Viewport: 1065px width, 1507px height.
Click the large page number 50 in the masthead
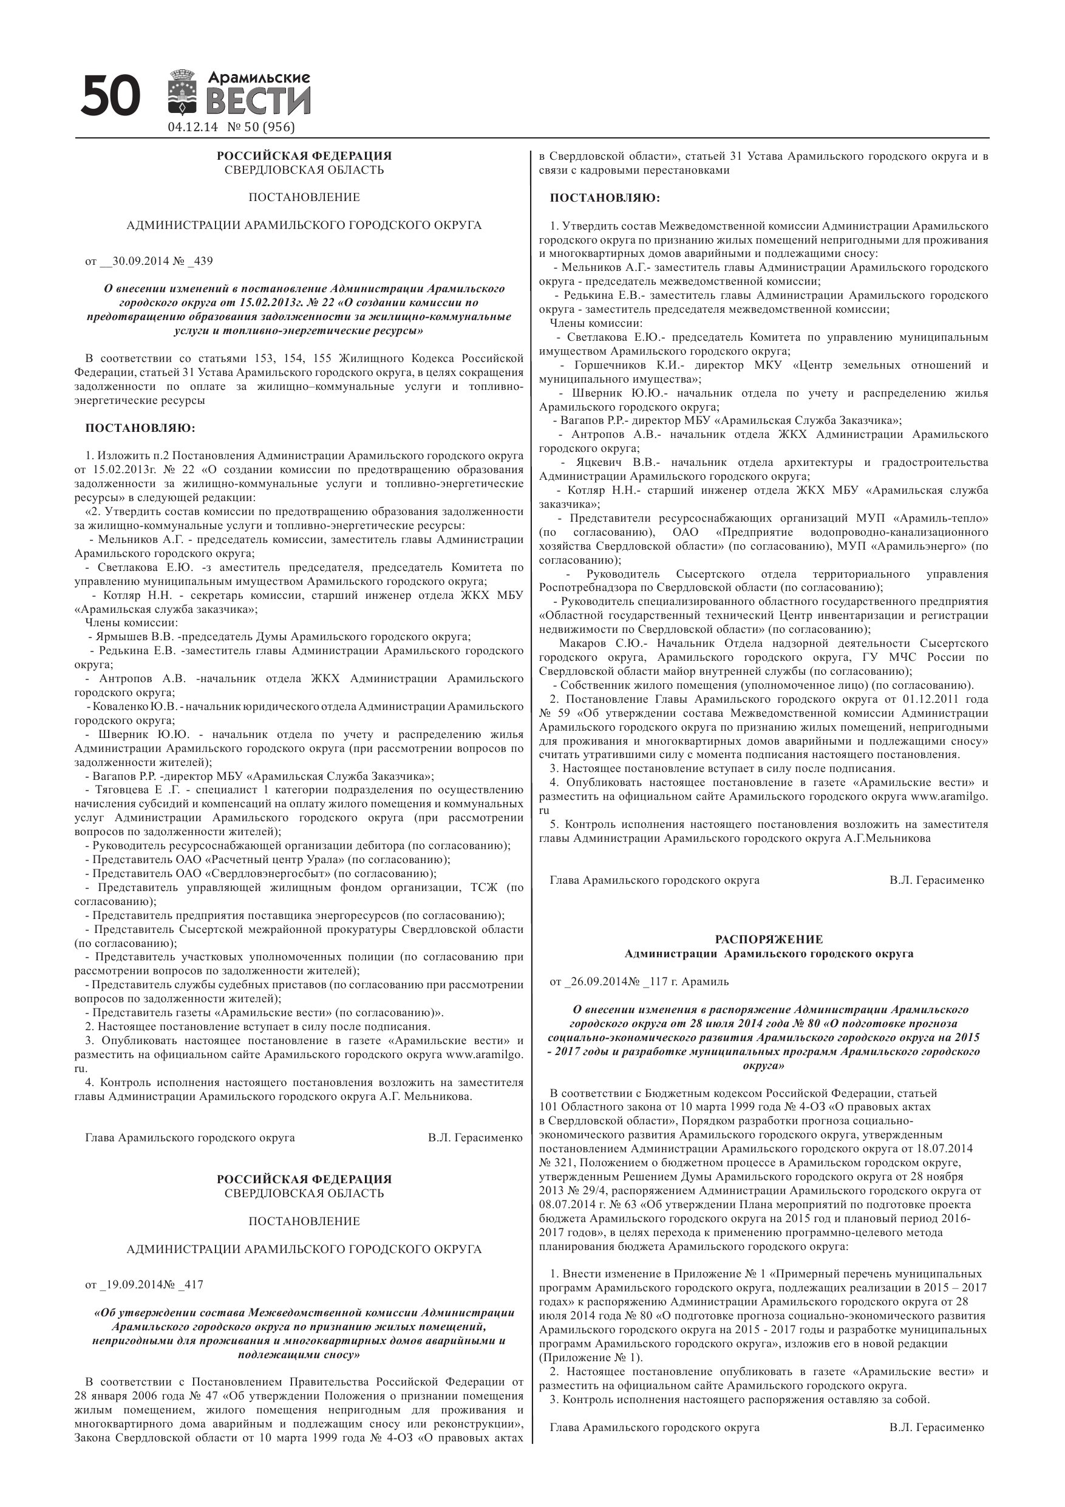coord(111,95)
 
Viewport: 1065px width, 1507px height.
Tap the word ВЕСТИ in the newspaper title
coord(258,101)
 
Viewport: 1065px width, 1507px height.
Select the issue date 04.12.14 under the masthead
coord(192,128)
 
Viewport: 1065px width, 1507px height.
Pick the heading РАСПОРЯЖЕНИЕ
coord(769,939)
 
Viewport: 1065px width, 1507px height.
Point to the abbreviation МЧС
coord(917,657)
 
